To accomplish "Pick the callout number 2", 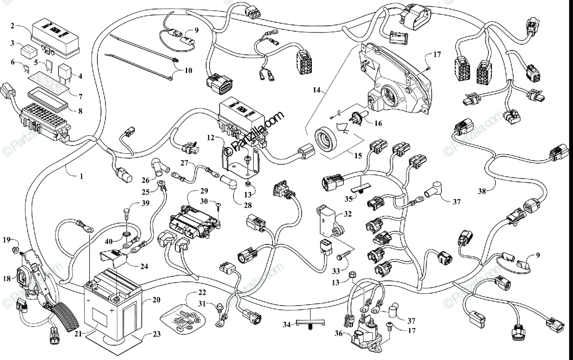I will tap(14, 27).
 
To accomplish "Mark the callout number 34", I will tap(286, 325).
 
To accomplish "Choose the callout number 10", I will tap(188, 71).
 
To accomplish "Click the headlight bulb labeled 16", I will tap(356, 117).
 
